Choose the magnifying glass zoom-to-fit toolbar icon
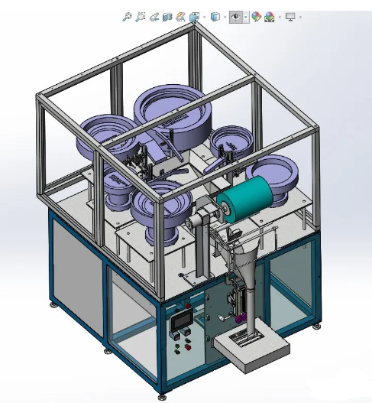pyautogui.click(x=127, y=16)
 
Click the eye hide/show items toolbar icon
pyautogui.click(x=237, y=16)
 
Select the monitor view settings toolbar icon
pyautogui.click(x=290, y=16)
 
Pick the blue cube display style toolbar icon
pyautogui.click(x=216, y=16)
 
